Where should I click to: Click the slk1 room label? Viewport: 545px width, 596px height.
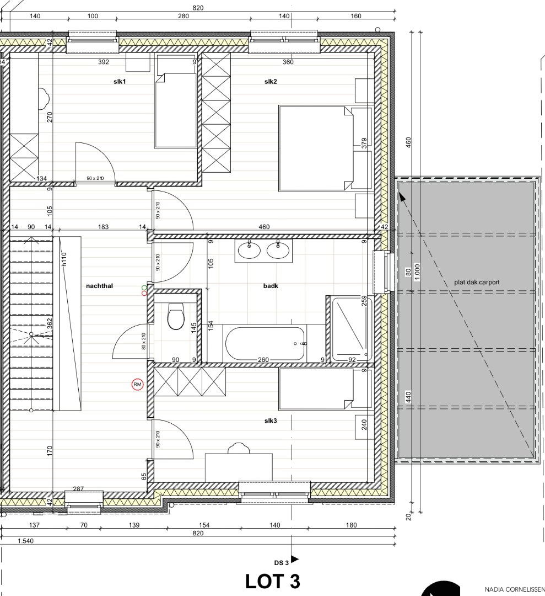coord(120,82)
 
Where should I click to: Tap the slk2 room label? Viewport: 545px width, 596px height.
coord(270,82)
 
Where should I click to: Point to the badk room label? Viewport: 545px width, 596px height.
coord(271,286)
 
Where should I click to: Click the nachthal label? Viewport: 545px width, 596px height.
coord(99,286)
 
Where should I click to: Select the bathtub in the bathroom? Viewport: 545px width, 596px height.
coord(265,343)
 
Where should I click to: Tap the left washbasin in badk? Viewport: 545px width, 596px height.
coord(249,251)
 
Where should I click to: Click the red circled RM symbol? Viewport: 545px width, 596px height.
coord(137,385)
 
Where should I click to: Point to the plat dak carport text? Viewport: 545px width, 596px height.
coord(477,282)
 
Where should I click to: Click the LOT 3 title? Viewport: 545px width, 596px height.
coord(272,582)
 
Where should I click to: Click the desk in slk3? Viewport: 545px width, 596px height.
coord(239,467)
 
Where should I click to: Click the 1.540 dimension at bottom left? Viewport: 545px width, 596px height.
coord(25,541)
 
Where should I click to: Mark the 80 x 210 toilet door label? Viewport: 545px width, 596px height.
coord(143,342)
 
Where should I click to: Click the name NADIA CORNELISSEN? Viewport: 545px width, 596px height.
coord(514,589)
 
